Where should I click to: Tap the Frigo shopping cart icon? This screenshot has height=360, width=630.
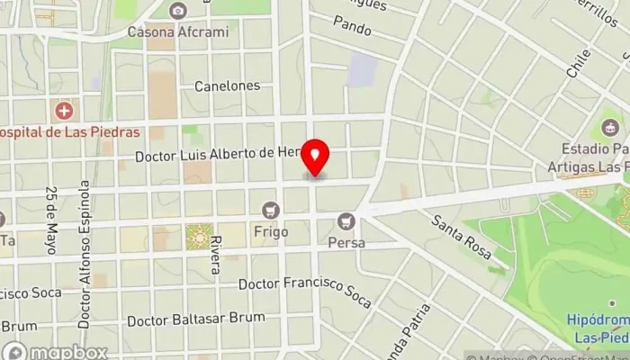coord(269,211)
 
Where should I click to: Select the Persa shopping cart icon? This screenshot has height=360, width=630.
coord(345,220)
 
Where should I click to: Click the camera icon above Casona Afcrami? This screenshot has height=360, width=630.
coord(177,11)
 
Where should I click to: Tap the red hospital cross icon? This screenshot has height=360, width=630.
coord(64,112)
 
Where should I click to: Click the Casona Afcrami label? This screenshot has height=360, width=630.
coord(177,32)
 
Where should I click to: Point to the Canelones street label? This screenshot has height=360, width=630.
coord(227,86)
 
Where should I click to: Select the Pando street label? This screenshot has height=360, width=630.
coord(352,29)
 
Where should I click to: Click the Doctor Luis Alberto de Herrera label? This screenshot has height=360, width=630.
coord(216,156)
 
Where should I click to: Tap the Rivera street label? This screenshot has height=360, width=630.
coord(215,256)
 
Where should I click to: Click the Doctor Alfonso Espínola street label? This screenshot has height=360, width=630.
coord(84,252)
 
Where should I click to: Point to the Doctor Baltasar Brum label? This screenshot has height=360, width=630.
coord(196,319)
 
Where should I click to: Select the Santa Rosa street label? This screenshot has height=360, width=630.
coord(460,237)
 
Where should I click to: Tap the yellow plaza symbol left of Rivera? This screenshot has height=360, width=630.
coord(196,236)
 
